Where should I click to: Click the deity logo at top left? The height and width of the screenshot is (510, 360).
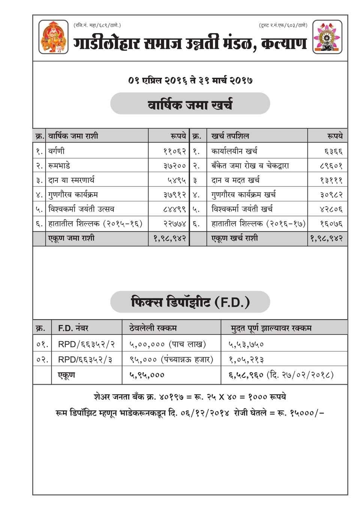(54, 37)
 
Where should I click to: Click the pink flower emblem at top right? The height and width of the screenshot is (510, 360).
(327, 37)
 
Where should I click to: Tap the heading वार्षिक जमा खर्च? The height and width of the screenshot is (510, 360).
(190, 103)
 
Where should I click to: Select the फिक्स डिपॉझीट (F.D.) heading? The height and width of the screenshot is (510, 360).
(190, 302)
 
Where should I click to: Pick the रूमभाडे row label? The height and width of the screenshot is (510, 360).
(59, 166)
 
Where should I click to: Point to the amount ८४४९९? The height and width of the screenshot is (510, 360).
(175, 209)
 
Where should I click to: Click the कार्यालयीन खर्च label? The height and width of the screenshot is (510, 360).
(234, 151)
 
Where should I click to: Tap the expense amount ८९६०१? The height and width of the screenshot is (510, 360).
(331, 166)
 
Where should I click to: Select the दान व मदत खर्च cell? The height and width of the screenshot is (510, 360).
(235, 180)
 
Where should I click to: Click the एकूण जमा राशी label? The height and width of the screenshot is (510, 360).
(71, 238)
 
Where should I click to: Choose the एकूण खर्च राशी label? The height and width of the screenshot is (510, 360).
(235, 238)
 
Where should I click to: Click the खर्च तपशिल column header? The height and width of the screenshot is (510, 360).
(230, 136)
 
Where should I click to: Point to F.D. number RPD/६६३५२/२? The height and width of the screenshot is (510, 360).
(87, 344)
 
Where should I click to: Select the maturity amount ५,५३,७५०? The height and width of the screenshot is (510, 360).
(246, 344)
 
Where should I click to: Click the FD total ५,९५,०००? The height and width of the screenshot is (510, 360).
(147, 375)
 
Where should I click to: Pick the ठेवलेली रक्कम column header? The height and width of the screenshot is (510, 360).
(153, 328)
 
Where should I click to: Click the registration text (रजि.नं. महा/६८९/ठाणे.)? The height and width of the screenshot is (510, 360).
(97, 25)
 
